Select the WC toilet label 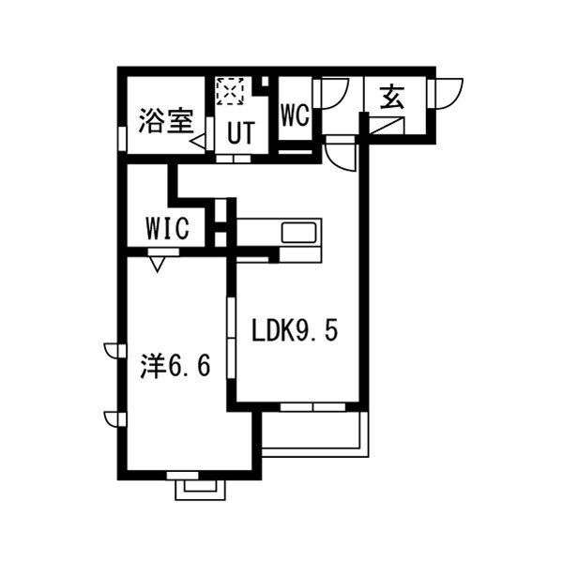point(295,115)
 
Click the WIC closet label point(170,228)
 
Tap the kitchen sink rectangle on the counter point(300,232)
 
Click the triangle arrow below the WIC point(157,263)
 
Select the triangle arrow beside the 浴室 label point(201,142)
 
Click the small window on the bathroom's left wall point(120,137)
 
